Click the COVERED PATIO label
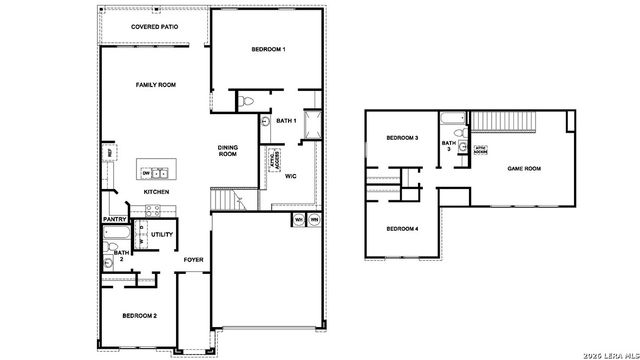tap(155, 26)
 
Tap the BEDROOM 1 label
tap(269, 50)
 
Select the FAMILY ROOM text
tap(156, 86)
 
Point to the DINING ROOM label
tap(228, 151)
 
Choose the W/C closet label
tap(291, 176)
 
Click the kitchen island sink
tap(157, 172)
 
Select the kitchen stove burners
tap(153, 210)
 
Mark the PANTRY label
tap(114, 219)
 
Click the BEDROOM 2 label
tap(139, 316)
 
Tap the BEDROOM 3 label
tap(402, 138)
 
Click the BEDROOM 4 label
tap(402, 229)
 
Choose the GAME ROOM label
tap(524, 170)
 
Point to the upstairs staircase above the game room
tap(500, 122)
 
